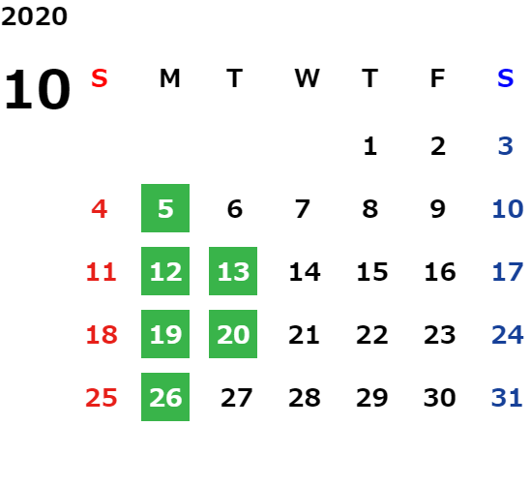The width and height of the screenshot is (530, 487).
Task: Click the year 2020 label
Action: point(34,16)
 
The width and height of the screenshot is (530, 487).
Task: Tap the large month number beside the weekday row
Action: point(37,89)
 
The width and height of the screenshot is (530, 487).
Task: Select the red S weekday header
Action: point(100,78)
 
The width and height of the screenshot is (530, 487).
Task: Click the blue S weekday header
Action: point(505,78)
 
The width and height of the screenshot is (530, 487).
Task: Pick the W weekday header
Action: point(307,78)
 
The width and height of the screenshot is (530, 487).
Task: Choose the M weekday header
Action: point(169,78)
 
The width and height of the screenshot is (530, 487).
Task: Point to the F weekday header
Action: point(438,78)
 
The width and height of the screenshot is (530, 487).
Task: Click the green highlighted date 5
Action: point(165,208)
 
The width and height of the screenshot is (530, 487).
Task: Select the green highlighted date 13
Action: point(233,271)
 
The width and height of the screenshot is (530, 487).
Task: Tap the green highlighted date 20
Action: point(233,334)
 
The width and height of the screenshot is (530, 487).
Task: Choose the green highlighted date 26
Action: point(165,397)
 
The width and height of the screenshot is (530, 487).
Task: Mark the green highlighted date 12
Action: point(165,271)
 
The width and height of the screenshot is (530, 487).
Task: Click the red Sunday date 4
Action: point(100,209)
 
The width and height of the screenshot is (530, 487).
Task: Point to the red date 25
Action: point(102,397)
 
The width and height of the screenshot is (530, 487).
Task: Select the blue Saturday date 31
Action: point(507,397)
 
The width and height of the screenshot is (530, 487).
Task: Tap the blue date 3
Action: point(506,146)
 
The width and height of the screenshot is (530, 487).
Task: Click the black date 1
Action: point(370,146)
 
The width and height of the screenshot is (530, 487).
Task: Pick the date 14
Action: point(305,272)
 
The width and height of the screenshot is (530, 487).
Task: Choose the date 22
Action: point(371,335)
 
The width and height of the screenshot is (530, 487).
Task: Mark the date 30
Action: point(439,397)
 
